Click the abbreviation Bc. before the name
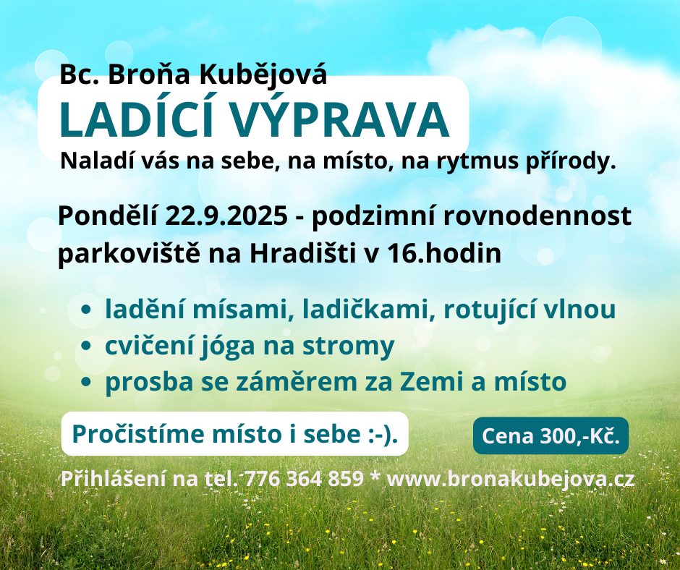pos(80,75)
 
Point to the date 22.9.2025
pos(226,216)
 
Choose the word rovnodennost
pos(537,216)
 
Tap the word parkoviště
pos(129,254)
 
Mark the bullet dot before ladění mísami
pos(86,310)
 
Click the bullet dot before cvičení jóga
pos(86,346)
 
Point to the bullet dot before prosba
pos(86,382)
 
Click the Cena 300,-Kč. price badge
pos(551,436)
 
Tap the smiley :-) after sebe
pos(380,434)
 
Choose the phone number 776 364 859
pos(304,478)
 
